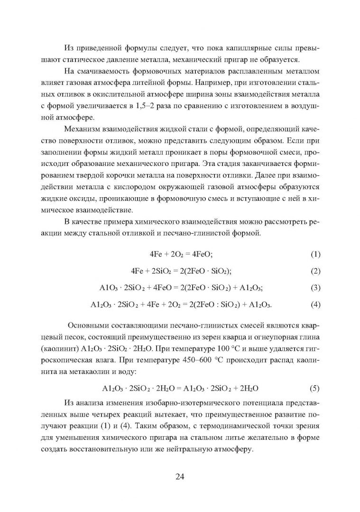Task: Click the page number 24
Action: coord(180,476)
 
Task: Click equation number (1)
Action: coord(315,254)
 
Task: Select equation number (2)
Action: coord(315,271)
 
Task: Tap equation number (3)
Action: coord(315,287)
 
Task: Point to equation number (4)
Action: coord(315,304)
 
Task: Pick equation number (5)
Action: coord(314,388)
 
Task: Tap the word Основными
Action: coord(91,325)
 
